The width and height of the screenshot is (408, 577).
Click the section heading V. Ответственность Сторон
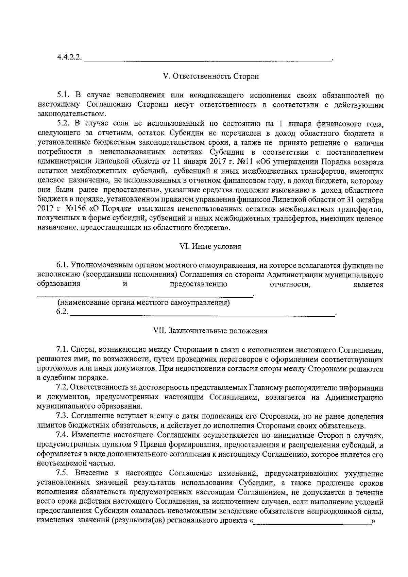(211, 76)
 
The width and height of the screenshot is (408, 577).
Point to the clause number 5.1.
(63, 95)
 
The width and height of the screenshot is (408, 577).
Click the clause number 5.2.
(63, 123)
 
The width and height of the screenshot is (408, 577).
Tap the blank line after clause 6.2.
(202, 316)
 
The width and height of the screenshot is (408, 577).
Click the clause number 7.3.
(63, 417)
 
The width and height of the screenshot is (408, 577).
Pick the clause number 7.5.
(63, 474)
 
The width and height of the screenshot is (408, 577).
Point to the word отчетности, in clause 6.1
(290, 284)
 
